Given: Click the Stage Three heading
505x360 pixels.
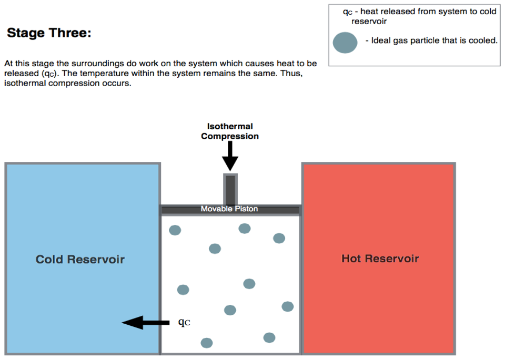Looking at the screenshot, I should (x=49, y=34).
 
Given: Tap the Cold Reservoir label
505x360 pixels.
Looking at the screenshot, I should (x=80, y=259).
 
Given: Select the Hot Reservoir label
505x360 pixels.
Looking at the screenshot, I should (x=380, y=259).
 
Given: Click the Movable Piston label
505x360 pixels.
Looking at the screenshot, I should (x=229, y=209).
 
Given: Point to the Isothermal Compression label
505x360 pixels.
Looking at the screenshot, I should (x=230, y=131).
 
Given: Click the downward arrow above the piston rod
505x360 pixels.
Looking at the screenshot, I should (x=230, y=156).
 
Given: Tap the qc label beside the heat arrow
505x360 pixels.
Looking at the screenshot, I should (x=184, y=322).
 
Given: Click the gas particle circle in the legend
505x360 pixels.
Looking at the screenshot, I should (x=345, y=43).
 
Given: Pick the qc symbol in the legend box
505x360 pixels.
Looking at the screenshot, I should (x=347, y=12).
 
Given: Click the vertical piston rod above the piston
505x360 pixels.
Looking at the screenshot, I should (x=230, y=190).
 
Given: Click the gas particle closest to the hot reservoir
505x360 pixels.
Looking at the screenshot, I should (x=287, y=306).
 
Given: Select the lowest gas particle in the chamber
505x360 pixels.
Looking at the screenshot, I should (x=207, y=343).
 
